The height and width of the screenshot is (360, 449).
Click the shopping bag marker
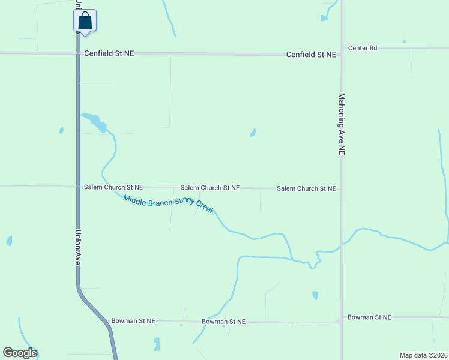85,21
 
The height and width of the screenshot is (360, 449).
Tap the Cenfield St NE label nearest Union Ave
109,53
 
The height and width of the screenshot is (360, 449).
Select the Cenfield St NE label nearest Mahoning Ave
310,54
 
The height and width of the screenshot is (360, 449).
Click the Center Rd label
363,47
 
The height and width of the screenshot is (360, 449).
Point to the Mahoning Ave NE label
342,124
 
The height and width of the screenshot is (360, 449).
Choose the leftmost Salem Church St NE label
113,187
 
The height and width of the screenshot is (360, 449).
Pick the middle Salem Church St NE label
210,188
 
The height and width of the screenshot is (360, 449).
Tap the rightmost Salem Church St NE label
306,188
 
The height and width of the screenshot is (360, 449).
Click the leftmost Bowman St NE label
133,321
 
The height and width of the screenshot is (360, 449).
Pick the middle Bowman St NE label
223,322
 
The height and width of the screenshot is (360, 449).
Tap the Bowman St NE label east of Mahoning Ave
369,317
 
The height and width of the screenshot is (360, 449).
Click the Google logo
20,353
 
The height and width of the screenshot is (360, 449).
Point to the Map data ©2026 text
423,355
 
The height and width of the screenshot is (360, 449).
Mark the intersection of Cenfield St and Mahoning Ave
342,54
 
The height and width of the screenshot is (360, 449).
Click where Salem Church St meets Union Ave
78,187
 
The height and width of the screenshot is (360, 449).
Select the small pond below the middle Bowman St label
157,344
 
